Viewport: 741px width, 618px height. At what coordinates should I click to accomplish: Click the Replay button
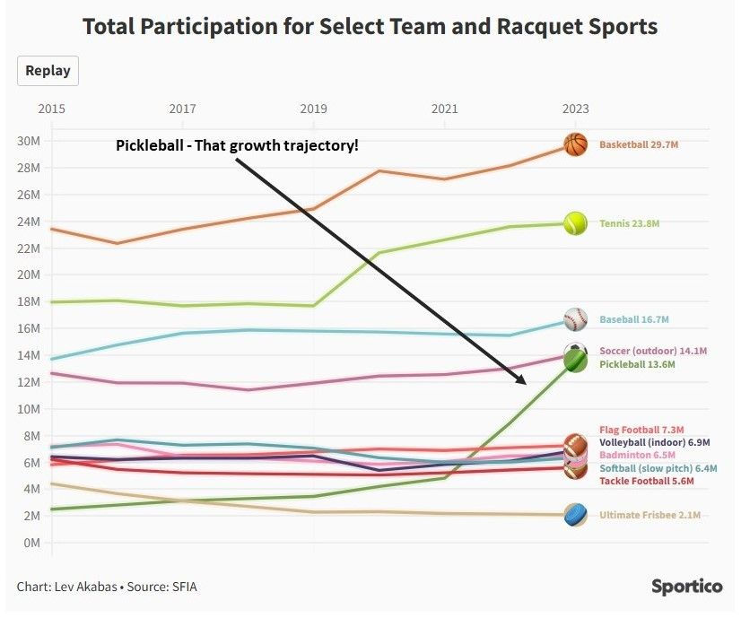(48, 71)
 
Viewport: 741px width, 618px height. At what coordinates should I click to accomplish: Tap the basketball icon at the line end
(575, 144)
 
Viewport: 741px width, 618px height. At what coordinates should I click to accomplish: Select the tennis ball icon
(575, 222)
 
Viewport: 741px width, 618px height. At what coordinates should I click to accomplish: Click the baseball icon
(575, 319)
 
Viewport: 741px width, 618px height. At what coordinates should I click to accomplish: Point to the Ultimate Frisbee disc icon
(575, 515)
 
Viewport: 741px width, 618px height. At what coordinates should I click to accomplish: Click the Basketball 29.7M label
(638, 144)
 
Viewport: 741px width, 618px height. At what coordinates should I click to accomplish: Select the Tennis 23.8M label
(629, 223)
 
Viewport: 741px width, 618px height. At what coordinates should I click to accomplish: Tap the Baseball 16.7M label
(634, 319)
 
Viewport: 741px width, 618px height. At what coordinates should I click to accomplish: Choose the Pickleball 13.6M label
(637, 365)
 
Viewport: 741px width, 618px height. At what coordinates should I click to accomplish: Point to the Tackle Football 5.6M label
(647, 482)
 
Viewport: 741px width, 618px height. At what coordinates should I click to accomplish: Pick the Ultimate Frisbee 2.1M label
(649, 516)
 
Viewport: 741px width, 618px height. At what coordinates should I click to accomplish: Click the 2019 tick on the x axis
(313, 109)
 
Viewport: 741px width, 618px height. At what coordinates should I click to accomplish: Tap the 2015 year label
(51, 109)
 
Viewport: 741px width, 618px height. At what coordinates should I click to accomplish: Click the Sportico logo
(686, 586)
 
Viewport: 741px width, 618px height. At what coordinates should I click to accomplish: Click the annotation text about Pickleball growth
(237, 145)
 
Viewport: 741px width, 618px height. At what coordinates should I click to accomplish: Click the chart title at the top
(370, 26)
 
